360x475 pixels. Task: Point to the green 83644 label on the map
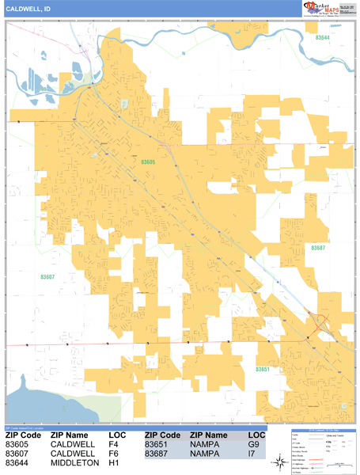pos(323,38)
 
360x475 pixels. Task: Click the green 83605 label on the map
pos(148,162)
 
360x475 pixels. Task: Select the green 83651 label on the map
pos(263,370)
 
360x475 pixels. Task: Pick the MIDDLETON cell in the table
pos(74,463)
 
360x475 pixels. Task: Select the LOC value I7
pos(253,454)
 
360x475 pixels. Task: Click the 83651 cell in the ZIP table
pos(156,445)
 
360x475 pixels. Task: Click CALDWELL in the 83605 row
pos(73,445)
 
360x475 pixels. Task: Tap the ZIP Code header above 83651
pos(161,435)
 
